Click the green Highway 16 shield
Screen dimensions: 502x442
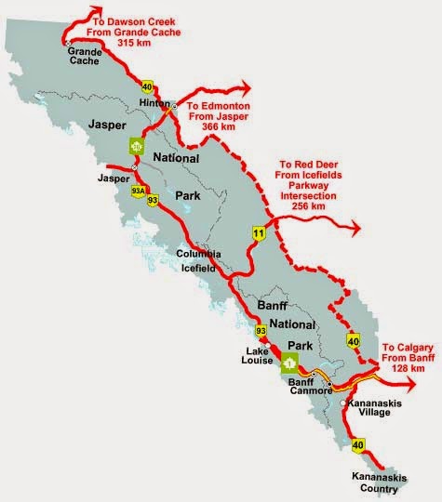click(x=138, y=147)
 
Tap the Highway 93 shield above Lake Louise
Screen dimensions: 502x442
click(x=261, y=330)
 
